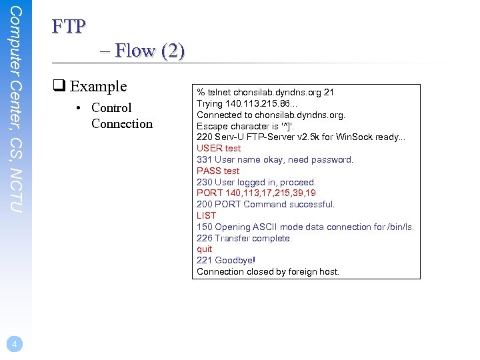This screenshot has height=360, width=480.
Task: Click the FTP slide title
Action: coord(68,26)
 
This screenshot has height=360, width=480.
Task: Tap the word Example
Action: coord(98,86)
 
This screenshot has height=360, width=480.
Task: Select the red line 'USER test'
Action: coord(219,148)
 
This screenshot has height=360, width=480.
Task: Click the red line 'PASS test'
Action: coord(218,171)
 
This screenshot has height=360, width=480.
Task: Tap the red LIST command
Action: coord(207,215)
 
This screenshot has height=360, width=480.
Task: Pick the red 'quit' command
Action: coord(204,249)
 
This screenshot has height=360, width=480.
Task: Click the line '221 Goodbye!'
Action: coord(226,260)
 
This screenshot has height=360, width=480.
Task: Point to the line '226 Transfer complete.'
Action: coord(244,238)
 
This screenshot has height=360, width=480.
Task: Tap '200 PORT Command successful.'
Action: coord(265,204)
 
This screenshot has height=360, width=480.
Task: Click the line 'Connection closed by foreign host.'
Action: coord(268,271)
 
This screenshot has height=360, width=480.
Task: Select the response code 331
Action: coord(204,159)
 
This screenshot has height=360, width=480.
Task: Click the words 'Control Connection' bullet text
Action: coord(121,115)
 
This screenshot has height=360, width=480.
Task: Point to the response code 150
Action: coord(204,227)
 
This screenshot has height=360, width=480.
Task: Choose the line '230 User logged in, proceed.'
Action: coord(256,182)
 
